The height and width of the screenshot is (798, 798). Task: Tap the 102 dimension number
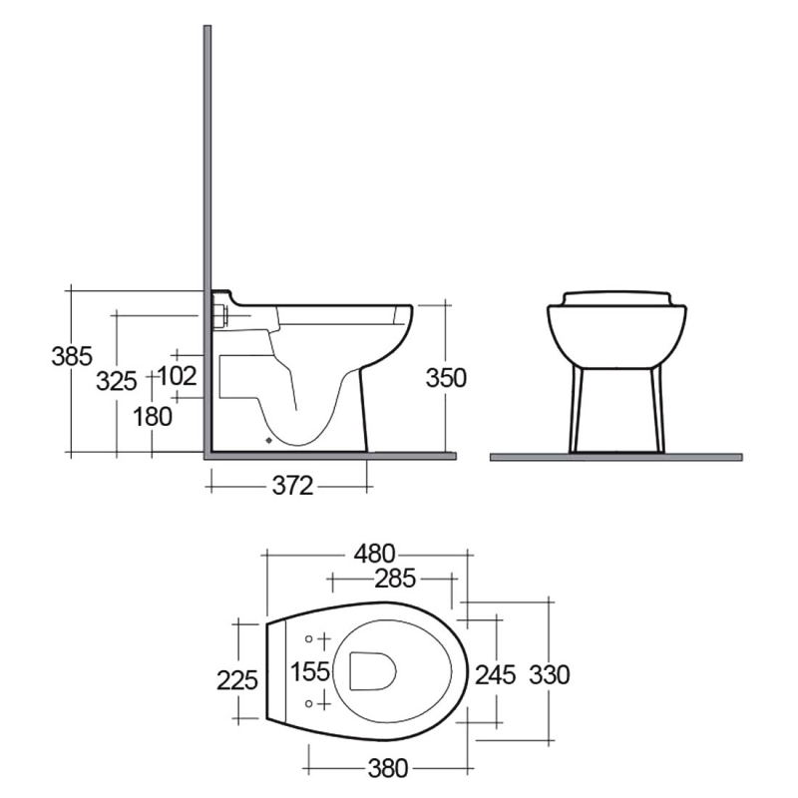[x=177, y=376]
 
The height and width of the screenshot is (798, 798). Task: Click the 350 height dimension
[x=446, y=377]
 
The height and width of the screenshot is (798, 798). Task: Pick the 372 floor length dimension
[x=292, y=486]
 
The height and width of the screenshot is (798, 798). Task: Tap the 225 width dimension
[x=238, y=679]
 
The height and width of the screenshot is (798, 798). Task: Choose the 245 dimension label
[x=495, y=675]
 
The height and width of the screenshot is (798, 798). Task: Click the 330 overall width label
[x=549, y=675]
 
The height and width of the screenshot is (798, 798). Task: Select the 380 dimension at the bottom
[x=389, y=768]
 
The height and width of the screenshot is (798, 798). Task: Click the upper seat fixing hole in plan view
[x=309, y=638]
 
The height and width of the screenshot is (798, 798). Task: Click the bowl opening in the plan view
[x=371, y=670]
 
